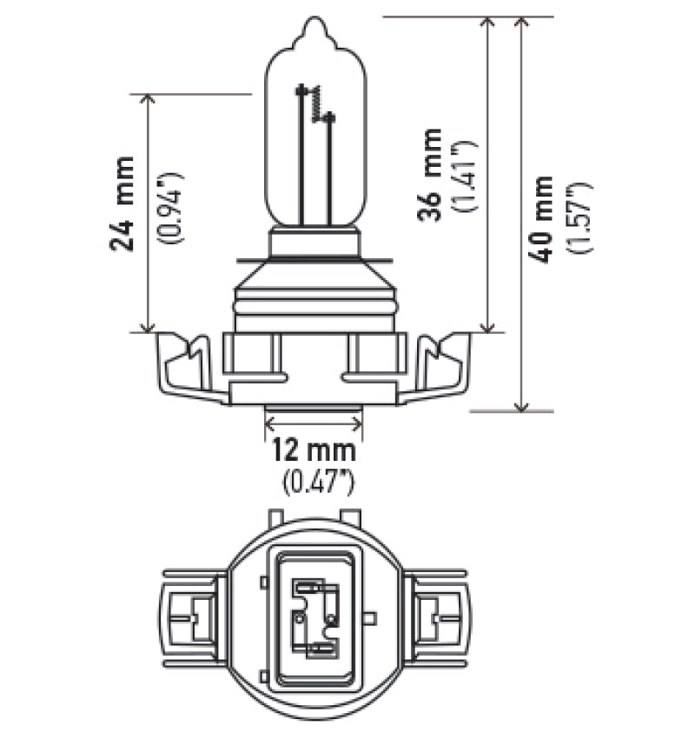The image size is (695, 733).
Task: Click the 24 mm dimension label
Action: coord(123,203)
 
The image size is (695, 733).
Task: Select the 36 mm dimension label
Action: coord(429,174)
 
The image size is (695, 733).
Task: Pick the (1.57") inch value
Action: coord(579,218)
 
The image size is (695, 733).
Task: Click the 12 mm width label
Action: coord(313,450)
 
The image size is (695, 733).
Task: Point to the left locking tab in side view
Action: coord(185,365)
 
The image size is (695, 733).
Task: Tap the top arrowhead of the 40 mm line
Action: coord(521,23)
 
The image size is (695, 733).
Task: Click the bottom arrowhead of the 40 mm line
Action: coord(521,404)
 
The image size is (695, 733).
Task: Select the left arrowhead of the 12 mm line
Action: coord(268,423)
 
